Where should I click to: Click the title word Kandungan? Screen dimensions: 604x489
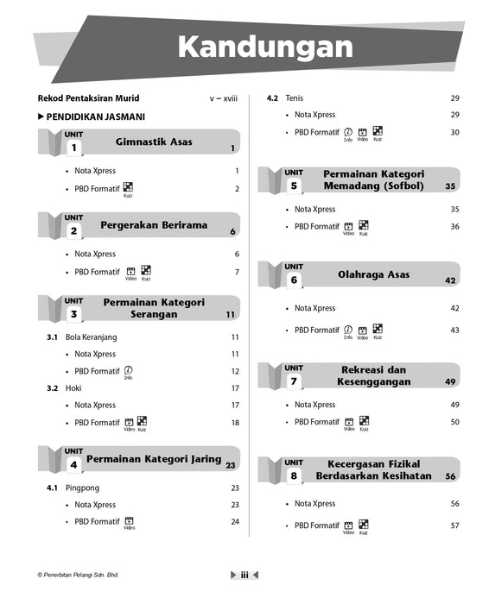pos(265,47)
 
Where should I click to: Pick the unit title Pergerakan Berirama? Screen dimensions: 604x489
pos(154,225)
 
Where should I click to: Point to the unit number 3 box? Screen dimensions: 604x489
pos(74,315)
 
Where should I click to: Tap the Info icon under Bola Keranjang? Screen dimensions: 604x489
pos(128,370)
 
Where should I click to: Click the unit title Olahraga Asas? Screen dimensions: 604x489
pos(373,274)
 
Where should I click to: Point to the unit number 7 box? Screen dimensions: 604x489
pos(294,381)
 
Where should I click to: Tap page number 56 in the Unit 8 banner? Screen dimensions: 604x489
pos(450,476)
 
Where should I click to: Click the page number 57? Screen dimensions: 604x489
pos(454,525)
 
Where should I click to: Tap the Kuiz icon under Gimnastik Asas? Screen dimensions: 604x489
pos(128,188)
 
